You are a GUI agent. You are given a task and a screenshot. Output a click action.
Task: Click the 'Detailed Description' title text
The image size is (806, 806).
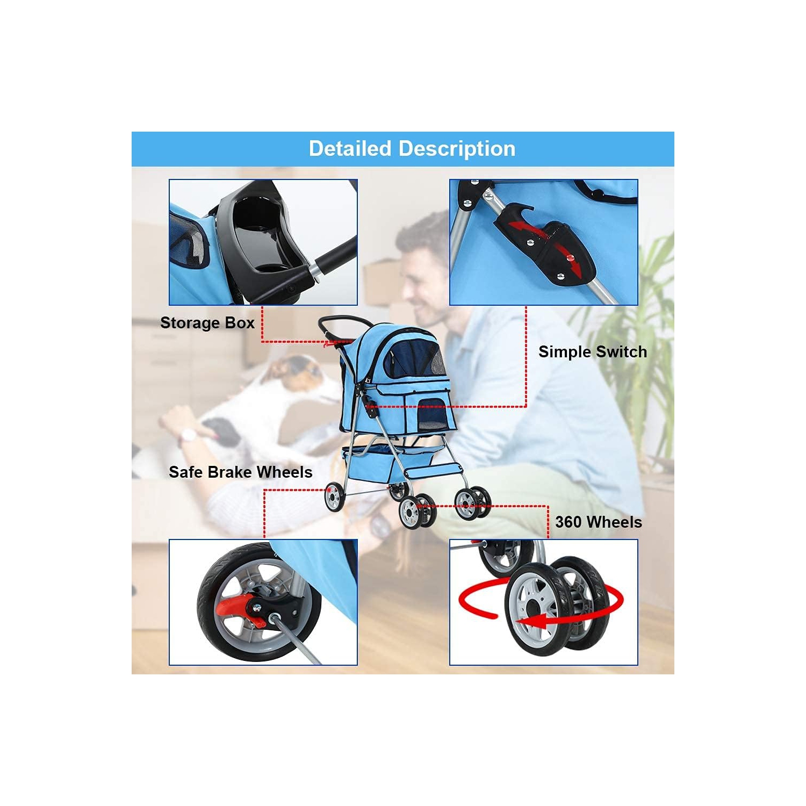[412, 149]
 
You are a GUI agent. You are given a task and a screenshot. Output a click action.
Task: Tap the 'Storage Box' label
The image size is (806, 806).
[207, 323]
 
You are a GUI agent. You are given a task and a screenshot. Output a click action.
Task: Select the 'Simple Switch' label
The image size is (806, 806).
[592, 352]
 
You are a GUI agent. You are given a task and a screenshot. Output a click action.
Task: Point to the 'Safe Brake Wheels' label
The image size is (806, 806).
[240, 472]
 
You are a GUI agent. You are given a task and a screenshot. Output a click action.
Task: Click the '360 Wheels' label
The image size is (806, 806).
[598, 522]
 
